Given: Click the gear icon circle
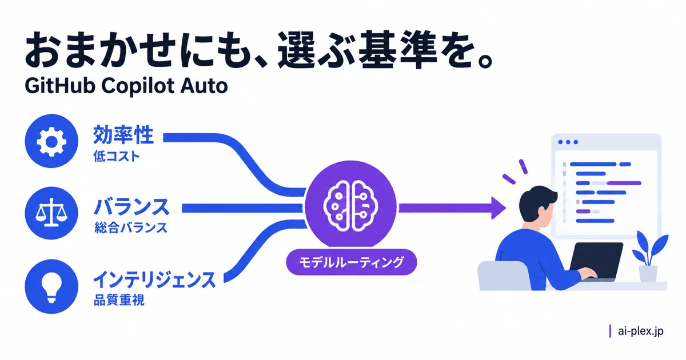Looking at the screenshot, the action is pyautogui.click(x=51, y=141).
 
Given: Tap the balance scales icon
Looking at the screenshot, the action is pyautogui.click(x=51, y=213).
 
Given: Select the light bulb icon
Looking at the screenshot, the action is pyautogui.click(x=51, y=286).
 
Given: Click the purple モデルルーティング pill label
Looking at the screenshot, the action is pyautogui.click(x=351, y=262).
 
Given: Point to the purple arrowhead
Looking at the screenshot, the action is pyautogui.click(x=498, y=208).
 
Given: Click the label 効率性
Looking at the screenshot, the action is pyautogui.click(x=123, y=135).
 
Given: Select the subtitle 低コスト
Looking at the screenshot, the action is pyautogui.click(x=117, y=157).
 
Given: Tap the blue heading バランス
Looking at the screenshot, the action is pyautogui.click(x=131, y=207).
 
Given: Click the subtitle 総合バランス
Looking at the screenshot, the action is pyautogui.click(x=131, y=228).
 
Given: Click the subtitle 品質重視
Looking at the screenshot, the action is pyautogui.click(x=118, y=300).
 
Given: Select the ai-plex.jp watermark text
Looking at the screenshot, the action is pyautogui.click(x=641, y=331).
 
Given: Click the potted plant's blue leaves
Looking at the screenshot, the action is pyautogui.click(x=649, y=249).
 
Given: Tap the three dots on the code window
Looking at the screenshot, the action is pyautogui.click(x=568, y=142).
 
